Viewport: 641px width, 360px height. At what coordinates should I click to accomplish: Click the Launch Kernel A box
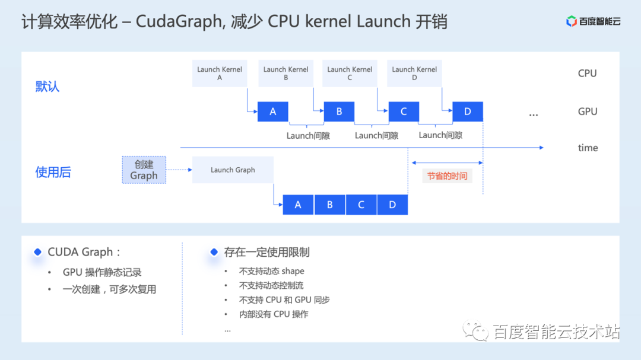click(x=220, y=73)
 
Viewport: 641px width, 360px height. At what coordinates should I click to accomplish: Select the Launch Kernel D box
click(x=414, y=73)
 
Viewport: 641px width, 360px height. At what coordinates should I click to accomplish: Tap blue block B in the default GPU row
click(x=339, y=111)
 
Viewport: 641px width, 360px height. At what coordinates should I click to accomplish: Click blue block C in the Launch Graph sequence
click(x=361, y=205)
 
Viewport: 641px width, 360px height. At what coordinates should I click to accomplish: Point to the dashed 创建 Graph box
click(x=144, y=170)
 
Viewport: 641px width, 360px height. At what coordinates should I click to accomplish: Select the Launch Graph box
click(x=233, y=170)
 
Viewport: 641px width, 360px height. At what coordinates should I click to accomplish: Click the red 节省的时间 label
click(x=447, y=176)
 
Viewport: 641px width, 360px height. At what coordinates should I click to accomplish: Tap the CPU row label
click(x=587, y=74)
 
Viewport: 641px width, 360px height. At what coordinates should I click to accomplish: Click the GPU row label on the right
click(x=587, y=111)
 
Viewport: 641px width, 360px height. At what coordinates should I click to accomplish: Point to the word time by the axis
click(x=588, y=148)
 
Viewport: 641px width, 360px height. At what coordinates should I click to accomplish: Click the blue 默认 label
click(x=47, y=87)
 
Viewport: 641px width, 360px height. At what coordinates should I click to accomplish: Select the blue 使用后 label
click(x=53, y=173)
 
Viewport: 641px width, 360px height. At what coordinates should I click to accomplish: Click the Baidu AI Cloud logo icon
click(x=572, y=22)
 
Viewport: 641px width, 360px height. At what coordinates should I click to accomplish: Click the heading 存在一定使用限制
click(x=266, y=252)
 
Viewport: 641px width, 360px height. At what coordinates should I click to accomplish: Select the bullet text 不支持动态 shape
click(x=271, y=271)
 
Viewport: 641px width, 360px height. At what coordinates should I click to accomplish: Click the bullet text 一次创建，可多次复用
click(x=109, y=289)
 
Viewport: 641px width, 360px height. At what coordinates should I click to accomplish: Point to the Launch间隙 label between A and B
click(x=308, y=136)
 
